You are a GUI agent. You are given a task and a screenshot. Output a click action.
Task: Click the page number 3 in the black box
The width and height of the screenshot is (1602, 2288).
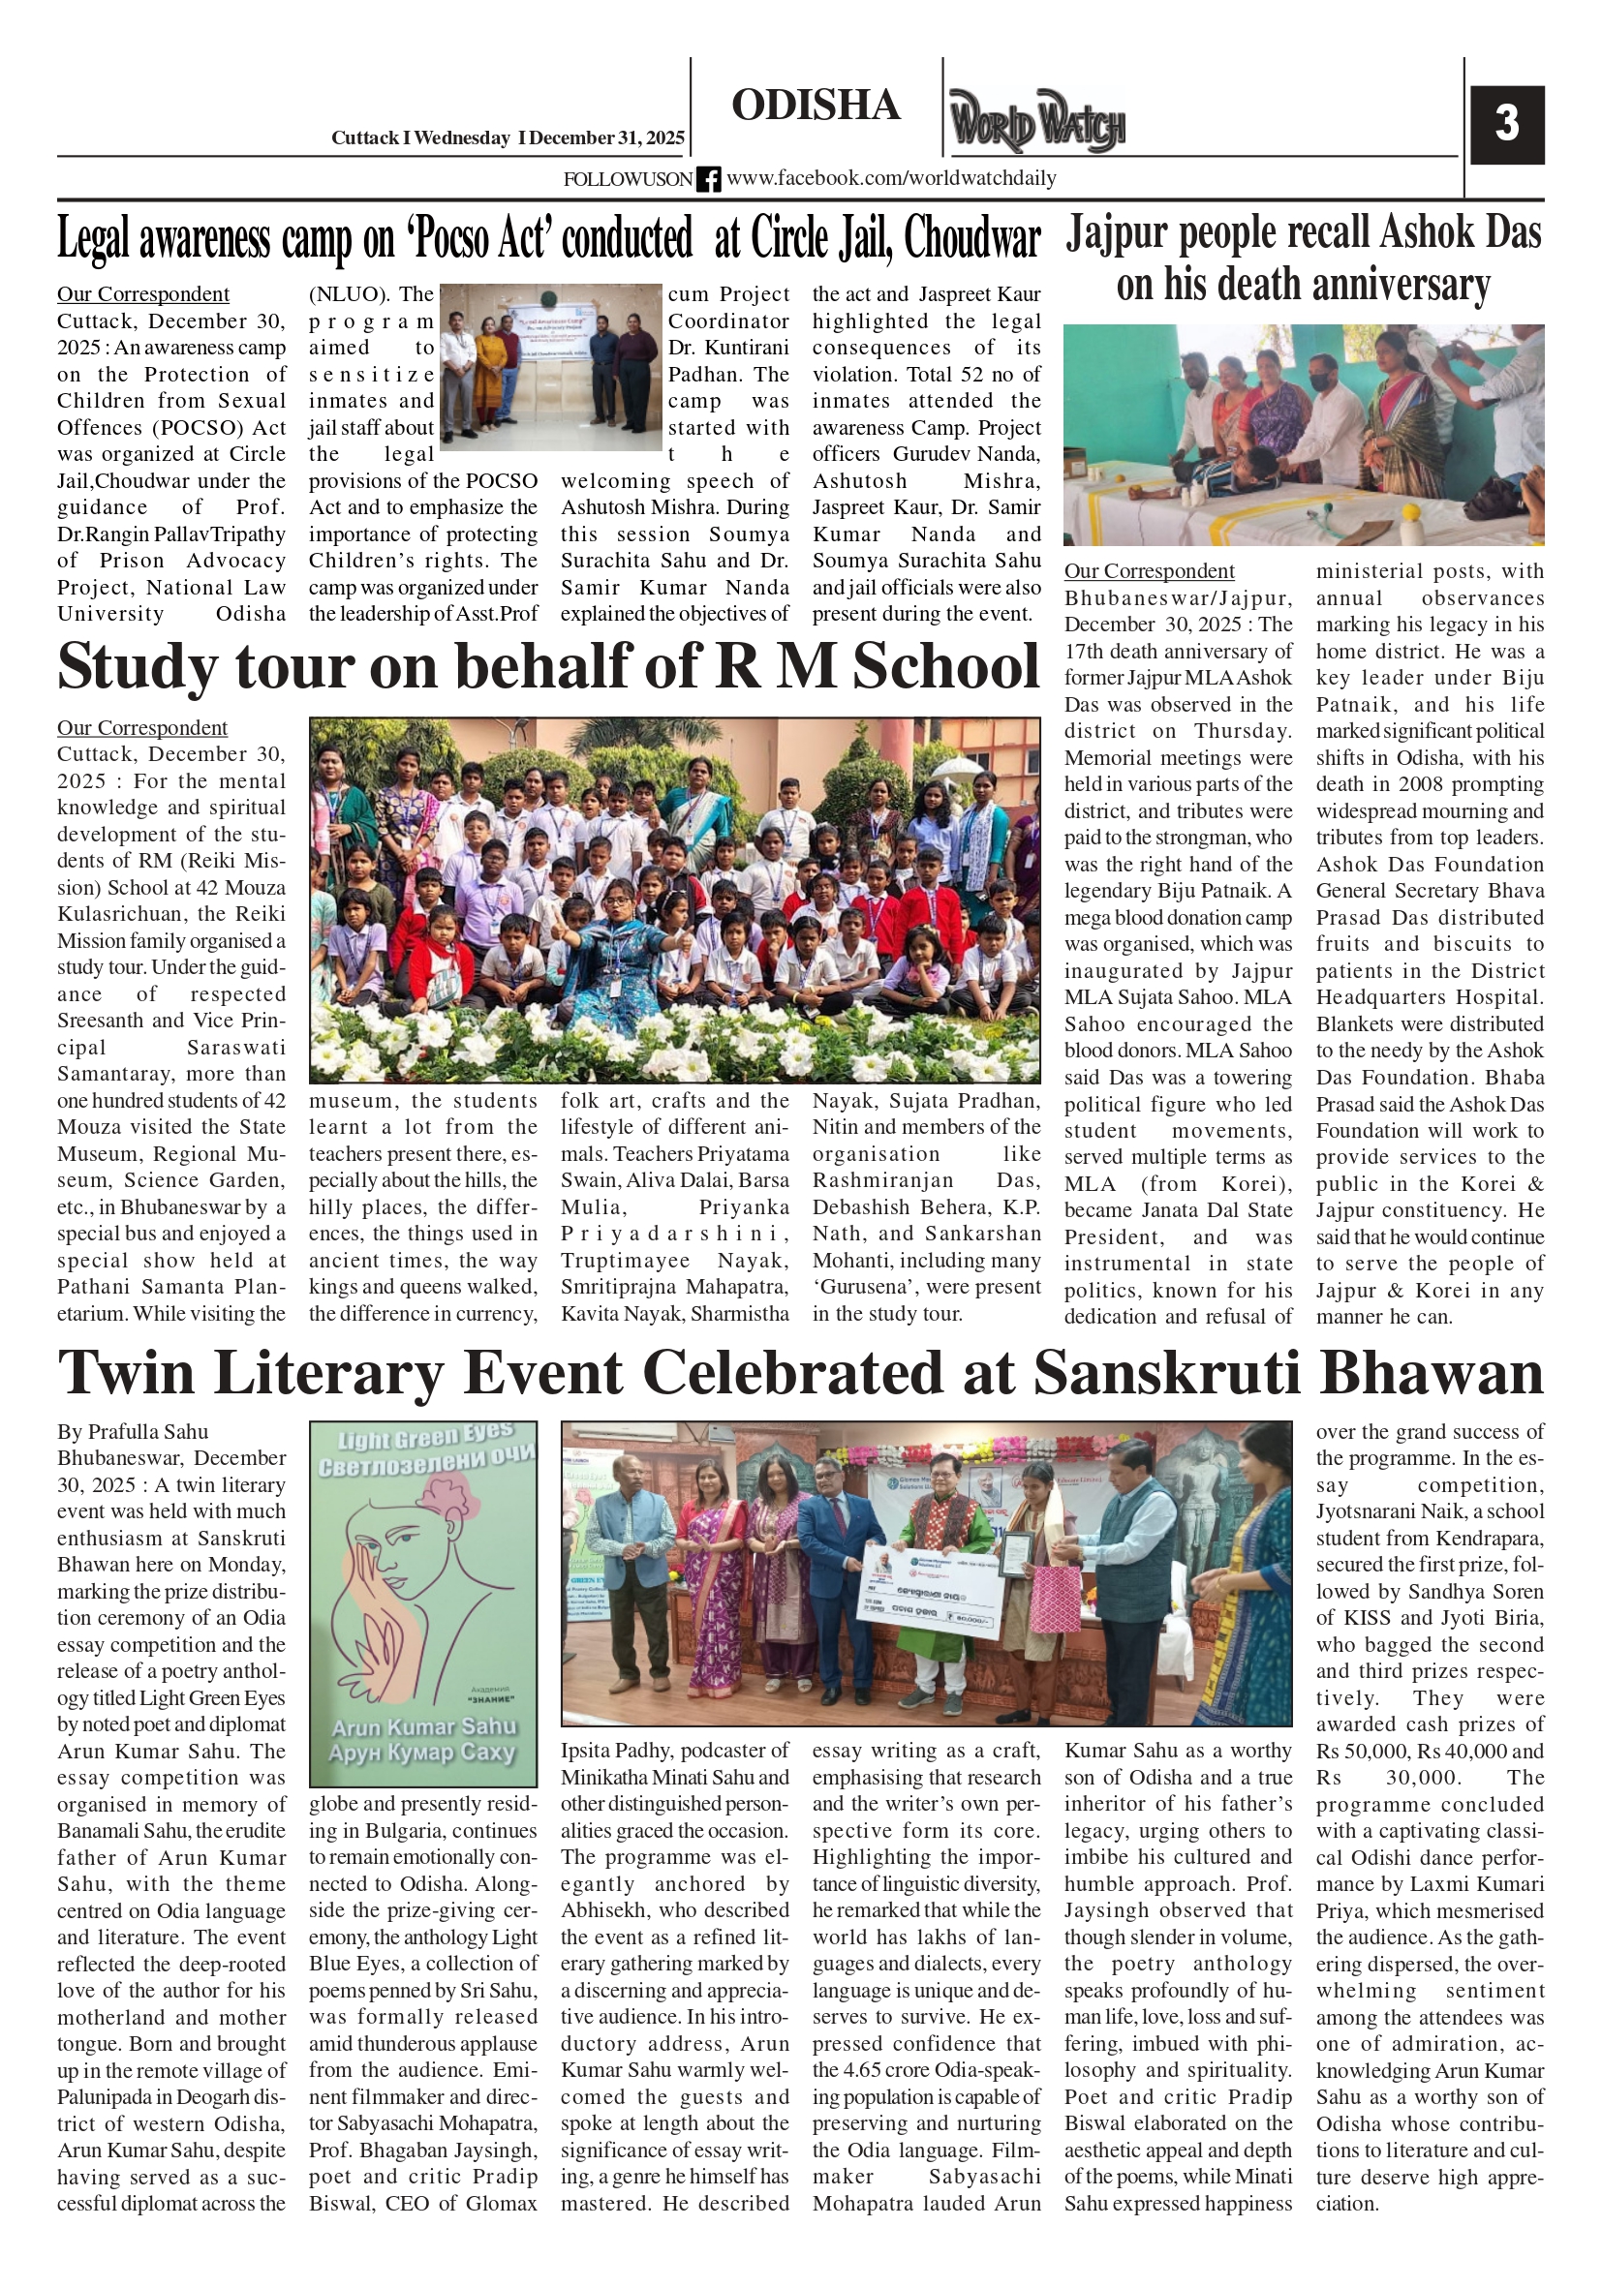click(x=1506, y=125)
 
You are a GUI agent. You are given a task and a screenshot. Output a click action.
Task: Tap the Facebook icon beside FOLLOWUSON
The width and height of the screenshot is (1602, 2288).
click(x=708, y=179)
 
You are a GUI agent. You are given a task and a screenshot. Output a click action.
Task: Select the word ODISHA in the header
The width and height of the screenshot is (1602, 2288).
click(x=816, y=106)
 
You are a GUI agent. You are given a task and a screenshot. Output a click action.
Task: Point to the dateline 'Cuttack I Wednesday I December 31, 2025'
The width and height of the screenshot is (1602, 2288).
click(x=508, y=138)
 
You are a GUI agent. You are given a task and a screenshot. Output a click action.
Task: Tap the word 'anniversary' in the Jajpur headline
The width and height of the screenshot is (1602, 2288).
click(x=1401, y=285)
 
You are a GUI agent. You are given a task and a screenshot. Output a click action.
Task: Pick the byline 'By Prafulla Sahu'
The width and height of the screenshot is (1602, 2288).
click(x=133, y=1432)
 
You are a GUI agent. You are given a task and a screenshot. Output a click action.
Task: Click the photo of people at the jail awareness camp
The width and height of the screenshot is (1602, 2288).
click(x=550, y=367)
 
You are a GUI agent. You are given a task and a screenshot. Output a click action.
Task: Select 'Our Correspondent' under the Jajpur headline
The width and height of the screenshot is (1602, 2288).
click(x=1149, y=571)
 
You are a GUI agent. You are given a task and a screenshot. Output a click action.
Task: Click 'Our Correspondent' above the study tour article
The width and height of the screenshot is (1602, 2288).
click(x=141, y=727)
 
